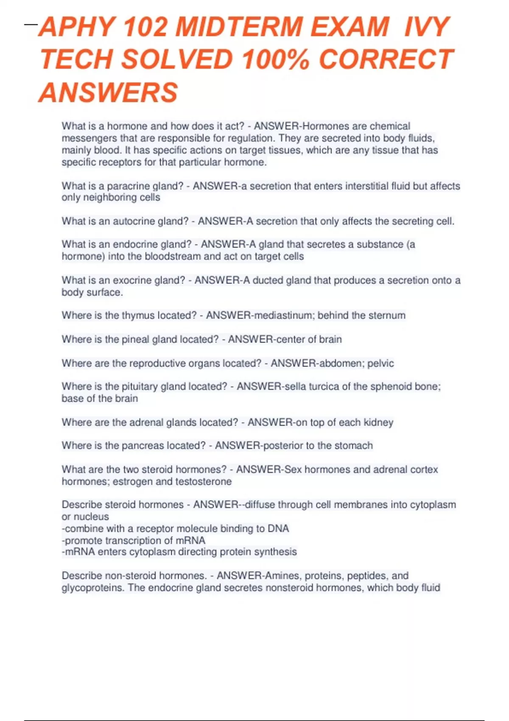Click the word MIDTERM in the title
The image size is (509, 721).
pos(240,27)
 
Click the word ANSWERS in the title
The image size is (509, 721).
pos(108,92)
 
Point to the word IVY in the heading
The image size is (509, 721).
pos(426,27)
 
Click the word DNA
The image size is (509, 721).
pos(278,529)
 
